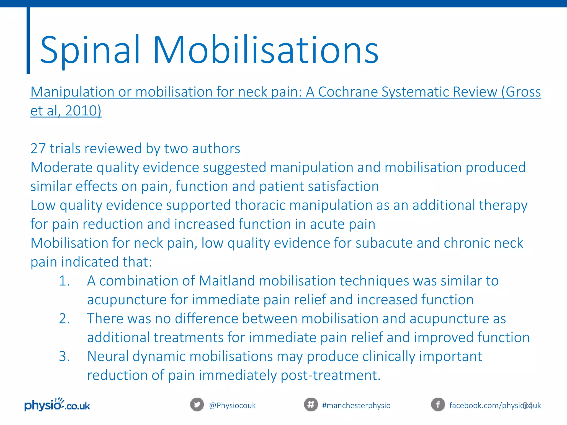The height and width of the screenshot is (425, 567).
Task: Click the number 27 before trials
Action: point(38,149)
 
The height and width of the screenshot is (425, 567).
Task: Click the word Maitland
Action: point(227,281)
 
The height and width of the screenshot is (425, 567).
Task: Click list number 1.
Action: point(64,281)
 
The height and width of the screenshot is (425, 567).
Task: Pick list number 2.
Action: point(64,319)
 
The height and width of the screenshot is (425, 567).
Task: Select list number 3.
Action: point(64,356)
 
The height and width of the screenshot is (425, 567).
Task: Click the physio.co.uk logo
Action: point(57,405)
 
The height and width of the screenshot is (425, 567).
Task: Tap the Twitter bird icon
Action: point(197,405)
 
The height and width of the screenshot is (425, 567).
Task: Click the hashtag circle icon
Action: point(311,405)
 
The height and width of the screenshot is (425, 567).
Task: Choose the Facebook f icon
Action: point(438,405)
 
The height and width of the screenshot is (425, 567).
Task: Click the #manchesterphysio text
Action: point(356,406)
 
